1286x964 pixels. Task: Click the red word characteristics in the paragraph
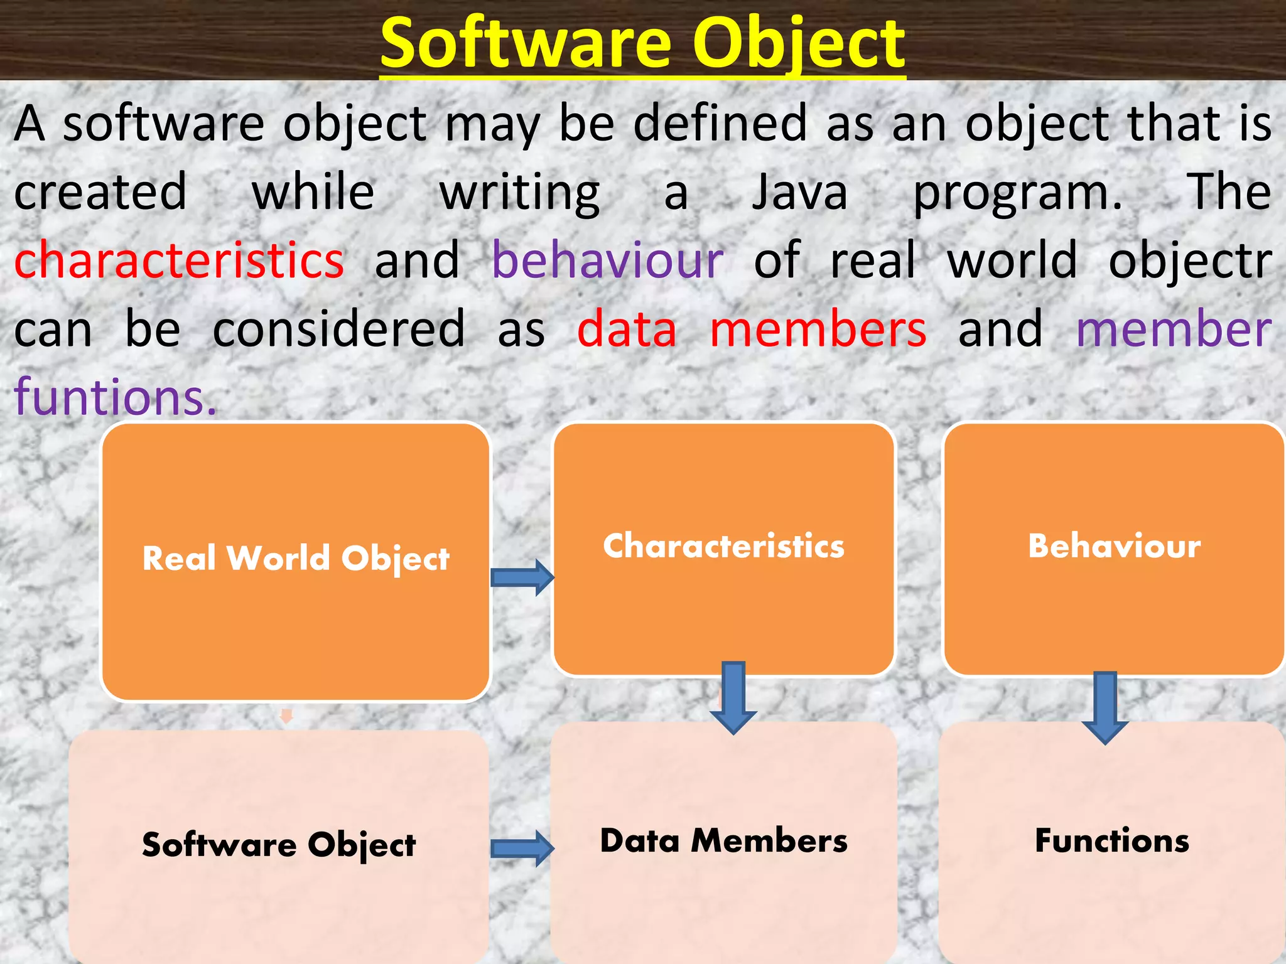pos(179,260)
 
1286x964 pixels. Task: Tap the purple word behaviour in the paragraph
pos(607,260)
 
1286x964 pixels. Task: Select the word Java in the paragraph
pos(800,192)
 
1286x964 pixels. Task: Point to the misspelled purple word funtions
pos(115,397)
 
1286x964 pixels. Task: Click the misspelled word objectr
pos(1189,260)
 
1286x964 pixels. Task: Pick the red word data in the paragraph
pos(627,329)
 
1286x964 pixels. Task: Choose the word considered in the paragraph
pos(338,329)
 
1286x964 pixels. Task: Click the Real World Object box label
pos(296,558)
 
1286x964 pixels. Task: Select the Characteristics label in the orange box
pos(723,545)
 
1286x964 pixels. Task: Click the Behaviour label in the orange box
pos(1114,545)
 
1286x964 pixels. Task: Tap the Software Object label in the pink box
pos(279,844)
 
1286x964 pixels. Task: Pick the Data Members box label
pos(723,840)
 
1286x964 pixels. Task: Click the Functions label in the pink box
pos(1112,840)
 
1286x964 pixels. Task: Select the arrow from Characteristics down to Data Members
pos(733,697)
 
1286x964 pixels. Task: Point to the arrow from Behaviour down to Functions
pos(1105,707)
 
